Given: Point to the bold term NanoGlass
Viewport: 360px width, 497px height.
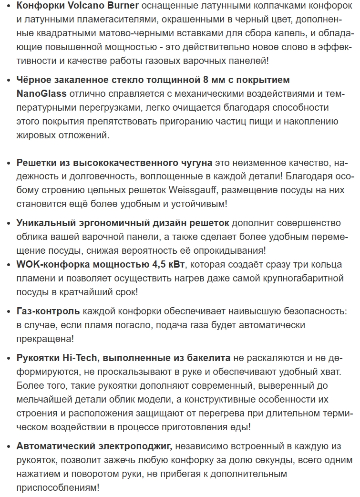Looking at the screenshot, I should coord(41,93).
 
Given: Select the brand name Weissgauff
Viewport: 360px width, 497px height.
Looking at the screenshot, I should coord(192,190).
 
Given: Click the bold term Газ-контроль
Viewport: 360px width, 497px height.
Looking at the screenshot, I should coord(48,311).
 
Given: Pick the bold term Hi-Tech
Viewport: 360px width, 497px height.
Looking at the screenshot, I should coord(80,358).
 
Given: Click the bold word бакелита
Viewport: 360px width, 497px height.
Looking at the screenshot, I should coord(207,358).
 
